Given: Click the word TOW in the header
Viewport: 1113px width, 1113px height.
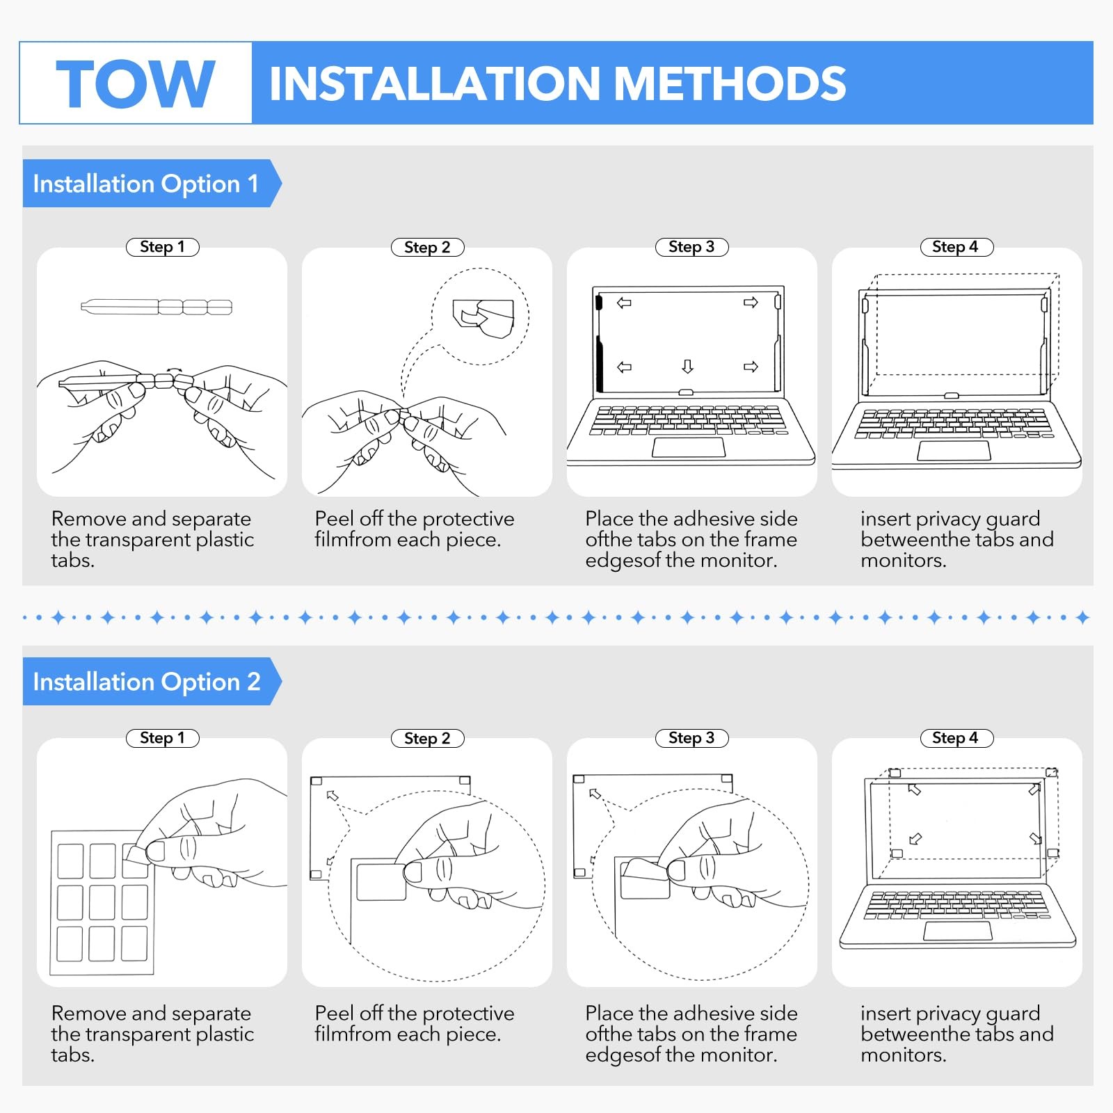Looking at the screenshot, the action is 135,83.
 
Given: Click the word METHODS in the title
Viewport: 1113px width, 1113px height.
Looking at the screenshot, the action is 730,83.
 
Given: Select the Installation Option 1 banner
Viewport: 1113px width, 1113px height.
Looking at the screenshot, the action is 146,184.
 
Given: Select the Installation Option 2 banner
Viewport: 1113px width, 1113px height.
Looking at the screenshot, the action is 147,682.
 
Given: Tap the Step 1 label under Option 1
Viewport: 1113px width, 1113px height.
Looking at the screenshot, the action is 162,247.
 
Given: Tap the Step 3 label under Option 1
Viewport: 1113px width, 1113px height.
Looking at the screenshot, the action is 691,247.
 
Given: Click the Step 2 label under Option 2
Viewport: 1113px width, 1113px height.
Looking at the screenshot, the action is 427,738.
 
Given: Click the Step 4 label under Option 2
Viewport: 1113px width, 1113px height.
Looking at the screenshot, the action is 956,738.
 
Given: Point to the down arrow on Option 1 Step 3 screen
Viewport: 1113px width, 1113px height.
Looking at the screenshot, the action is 687,366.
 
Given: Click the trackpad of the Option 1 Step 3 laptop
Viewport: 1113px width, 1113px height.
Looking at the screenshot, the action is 688,447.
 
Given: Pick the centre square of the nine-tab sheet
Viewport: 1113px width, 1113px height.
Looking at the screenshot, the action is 102,902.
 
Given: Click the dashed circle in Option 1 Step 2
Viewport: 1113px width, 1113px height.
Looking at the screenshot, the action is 480,317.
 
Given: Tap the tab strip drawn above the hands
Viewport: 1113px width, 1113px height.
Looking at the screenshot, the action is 157,307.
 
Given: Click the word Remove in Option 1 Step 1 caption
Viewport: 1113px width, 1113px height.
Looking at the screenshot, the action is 89,519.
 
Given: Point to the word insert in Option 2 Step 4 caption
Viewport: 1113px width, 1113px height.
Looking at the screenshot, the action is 886,1014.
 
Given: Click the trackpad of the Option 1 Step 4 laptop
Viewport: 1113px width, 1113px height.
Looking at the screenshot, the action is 954,451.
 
